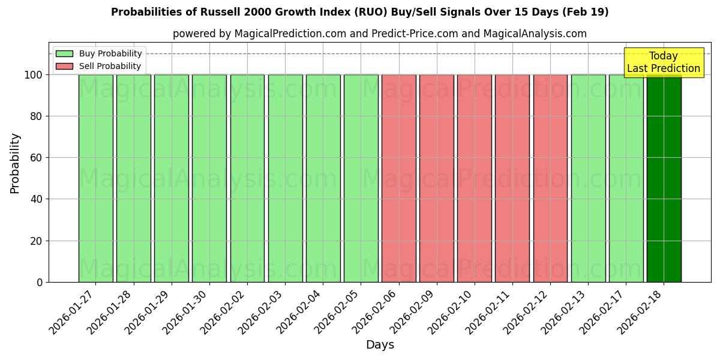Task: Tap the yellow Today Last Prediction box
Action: (x=664, y=62)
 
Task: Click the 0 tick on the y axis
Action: (x=40, y=282)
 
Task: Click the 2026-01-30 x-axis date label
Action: (x=185, y=311)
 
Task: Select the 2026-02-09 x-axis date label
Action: (x=412, y=311)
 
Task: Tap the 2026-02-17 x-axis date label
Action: (x=601, y=311)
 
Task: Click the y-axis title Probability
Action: (x=15, y=163)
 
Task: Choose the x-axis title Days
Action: (x=380, y=345)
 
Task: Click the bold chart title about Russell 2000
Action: (x=360, y=12)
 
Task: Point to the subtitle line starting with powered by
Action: (x=380, y=34)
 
